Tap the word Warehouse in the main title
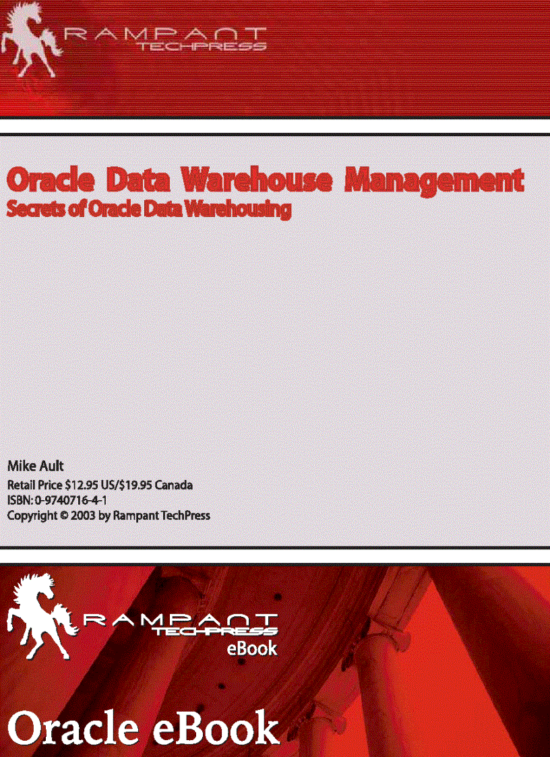point(257,181)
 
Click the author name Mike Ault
point(35,466)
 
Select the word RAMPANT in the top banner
point(165,33)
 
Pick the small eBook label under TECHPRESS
point(251,648)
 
